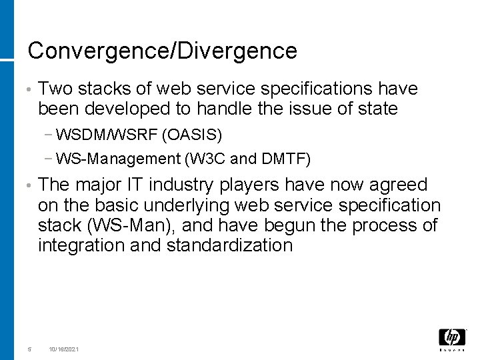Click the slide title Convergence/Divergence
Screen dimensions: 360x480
click(162, 51)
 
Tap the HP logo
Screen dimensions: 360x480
click(452, 338)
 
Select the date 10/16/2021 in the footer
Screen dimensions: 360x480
click(63, 349)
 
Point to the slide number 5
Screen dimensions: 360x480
click(29, 349)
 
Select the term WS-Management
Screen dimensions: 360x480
click(119, 159)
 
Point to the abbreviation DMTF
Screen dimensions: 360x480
click(285, 159)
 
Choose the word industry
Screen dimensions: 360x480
click(195, 185)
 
